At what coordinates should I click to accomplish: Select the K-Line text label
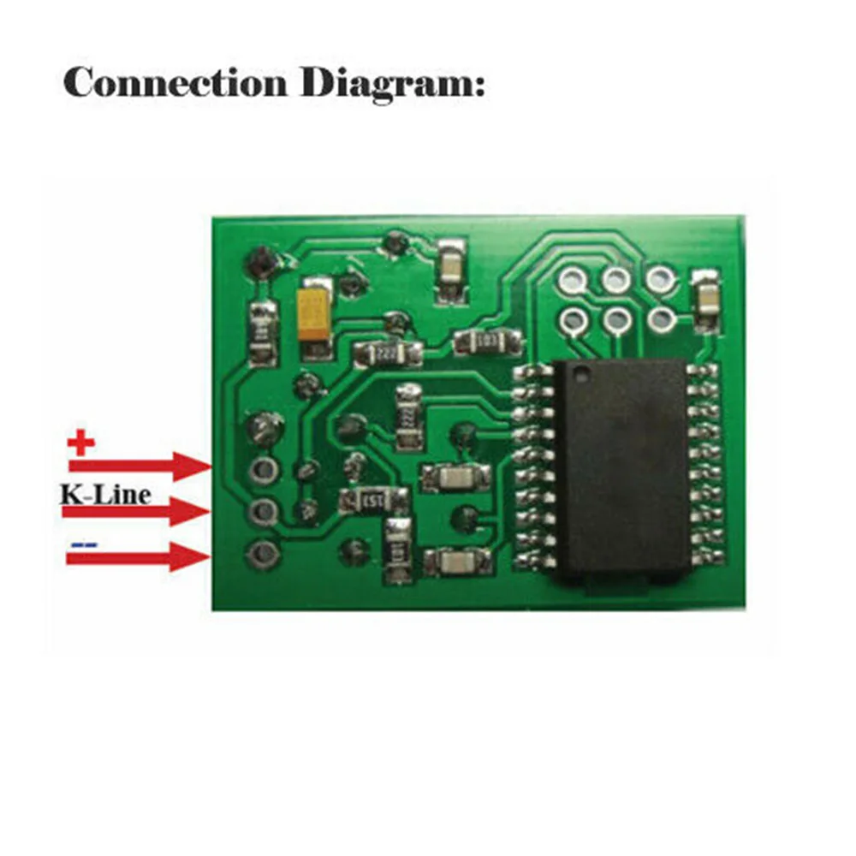tap(105, 494)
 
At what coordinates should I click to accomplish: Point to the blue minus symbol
tap(83, 544)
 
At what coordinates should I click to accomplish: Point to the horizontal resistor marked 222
tap(388, 352)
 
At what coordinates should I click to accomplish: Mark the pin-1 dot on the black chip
tap(581, 372)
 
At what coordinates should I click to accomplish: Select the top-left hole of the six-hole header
tap(573, 278)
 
